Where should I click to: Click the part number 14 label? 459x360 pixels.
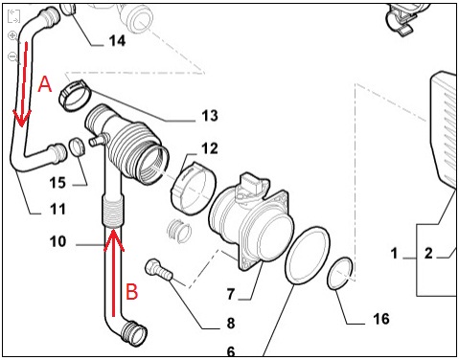click(117, 41)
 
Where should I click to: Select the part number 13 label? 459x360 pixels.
click(210, 116)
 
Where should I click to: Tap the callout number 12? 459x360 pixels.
click(210, 148)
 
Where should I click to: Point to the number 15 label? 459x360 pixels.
click(57, 183)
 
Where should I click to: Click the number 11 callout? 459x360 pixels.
click(57, 209)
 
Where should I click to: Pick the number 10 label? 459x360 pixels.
click(57, 241)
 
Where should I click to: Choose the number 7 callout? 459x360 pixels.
click(231, 294)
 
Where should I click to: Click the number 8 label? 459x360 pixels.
click(231, 323)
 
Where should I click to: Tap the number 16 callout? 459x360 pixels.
click(381, 319)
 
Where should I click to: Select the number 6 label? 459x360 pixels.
click(231, 351)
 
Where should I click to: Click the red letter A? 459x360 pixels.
click(45, 84)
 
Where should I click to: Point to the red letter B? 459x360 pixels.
click(131, 291)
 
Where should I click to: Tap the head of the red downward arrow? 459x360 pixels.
click(21, 118)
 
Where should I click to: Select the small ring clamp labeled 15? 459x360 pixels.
click(77, 146)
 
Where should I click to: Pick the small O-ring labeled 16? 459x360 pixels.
click(340, 274)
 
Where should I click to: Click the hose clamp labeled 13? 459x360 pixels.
click(76, 95)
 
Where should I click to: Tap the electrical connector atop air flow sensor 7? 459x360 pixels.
click(252, 184)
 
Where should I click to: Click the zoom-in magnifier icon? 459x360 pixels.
click(12, 35)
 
